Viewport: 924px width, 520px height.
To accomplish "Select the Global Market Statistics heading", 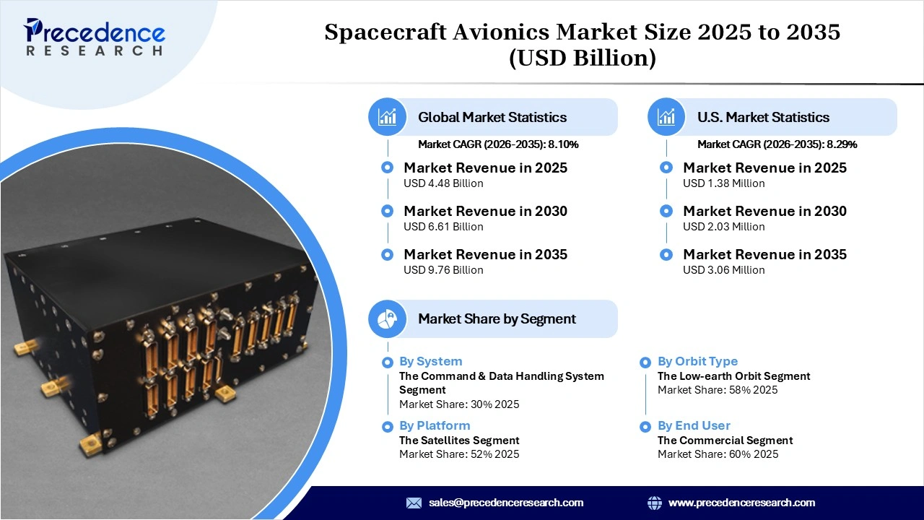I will click(492, 117).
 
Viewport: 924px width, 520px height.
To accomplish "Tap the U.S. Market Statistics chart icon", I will click(666, 117).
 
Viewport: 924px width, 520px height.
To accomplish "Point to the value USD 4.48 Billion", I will click(443, 183).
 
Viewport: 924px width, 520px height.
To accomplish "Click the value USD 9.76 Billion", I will click(443, 270).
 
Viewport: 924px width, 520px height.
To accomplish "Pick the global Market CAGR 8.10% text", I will click(498, 144).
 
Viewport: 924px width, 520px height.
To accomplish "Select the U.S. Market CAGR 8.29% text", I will click(777, 144).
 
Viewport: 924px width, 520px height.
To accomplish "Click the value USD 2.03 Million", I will click(723, 227).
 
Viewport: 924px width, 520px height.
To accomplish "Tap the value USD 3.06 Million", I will click(723, 270).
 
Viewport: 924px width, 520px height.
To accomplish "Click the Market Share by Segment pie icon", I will click(387, 318).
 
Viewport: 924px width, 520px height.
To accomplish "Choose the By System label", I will click(430, 361).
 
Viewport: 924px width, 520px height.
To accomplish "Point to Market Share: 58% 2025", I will click(718, 390).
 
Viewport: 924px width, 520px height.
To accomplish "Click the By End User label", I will click(694, 425).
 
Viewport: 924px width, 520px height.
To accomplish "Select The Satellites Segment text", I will click(459, 441).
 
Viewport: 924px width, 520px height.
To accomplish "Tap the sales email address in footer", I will click(505, 503).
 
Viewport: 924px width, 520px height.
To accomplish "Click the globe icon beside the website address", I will click(655, 503).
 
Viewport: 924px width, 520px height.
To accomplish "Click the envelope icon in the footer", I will click(414, 503).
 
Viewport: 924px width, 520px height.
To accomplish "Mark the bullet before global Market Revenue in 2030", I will click(388, 211).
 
